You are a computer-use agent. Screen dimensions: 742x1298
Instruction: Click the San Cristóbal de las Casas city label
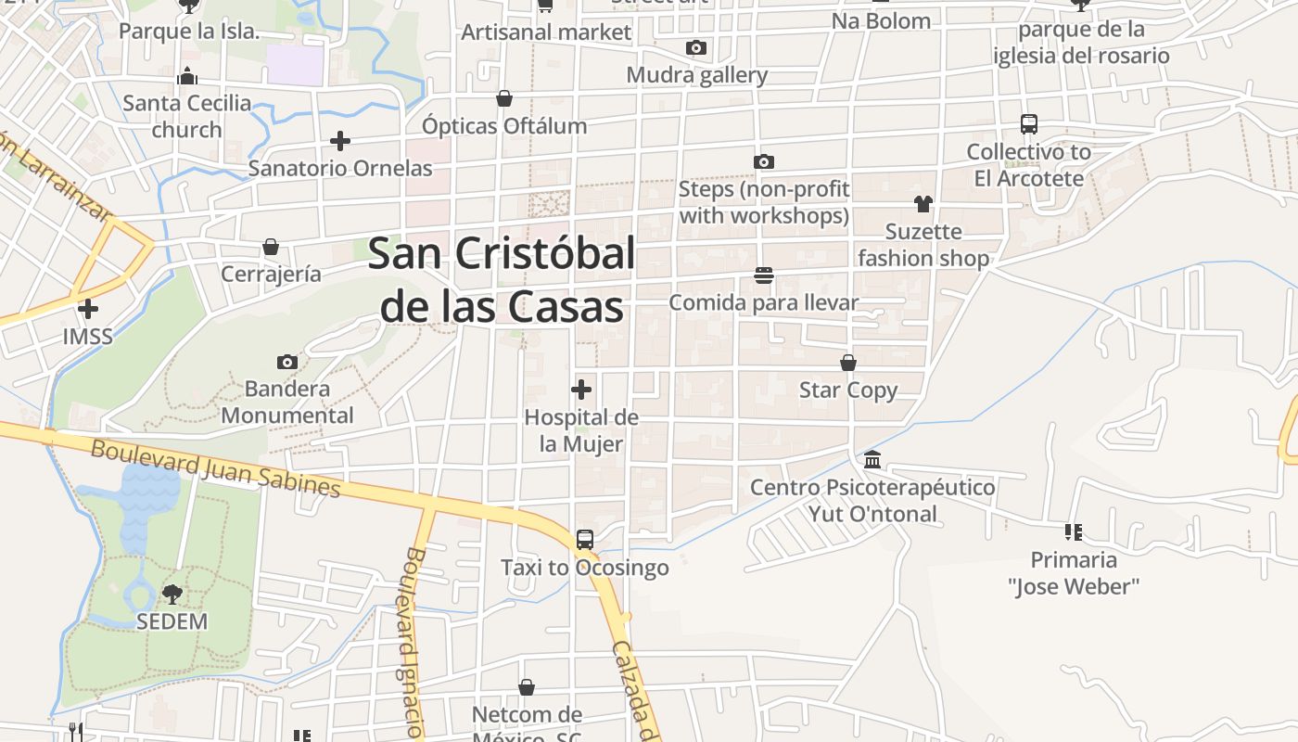pos(502,279)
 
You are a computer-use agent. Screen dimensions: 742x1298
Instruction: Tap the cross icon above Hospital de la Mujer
pos(581,390)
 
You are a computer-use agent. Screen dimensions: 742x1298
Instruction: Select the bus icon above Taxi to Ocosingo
pos(584,539)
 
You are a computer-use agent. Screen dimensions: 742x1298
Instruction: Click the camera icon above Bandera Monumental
pos(287,362)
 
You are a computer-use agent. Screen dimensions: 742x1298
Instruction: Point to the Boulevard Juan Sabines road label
pos(216,468)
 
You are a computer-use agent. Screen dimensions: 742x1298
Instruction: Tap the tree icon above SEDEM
pos(172,594)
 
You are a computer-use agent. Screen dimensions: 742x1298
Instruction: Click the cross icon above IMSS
pos(88,309)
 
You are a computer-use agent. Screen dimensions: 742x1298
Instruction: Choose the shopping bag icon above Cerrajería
pos(271,247)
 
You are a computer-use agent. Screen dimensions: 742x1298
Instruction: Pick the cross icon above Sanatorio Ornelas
pos(340,141)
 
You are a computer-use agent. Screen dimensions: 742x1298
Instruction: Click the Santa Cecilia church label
pos(187,116)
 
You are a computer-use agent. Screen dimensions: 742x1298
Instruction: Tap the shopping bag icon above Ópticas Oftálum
pos(504,98)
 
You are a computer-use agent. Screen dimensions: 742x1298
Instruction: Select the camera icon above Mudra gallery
pos(696,47)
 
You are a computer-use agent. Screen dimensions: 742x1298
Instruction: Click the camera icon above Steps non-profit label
pos(764,162)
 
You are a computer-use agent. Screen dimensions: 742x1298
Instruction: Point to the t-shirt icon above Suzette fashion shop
pos(923,204)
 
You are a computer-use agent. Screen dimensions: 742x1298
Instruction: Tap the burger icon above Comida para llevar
pos(764,275)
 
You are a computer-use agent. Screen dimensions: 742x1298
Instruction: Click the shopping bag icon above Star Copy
pos(848,363)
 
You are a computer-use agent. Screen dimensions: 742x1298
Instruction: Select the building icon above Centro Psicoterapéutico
pos(872,460)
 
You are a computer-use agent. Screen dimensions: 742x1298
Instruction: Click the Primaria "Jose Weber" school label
pos(1074,572)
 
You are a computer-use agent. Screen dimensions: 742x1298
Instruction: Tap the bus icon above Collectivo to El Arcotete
pos(1028,124)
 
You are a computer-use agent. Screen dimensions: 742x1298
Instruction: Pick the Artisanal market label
pos(546,32)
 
